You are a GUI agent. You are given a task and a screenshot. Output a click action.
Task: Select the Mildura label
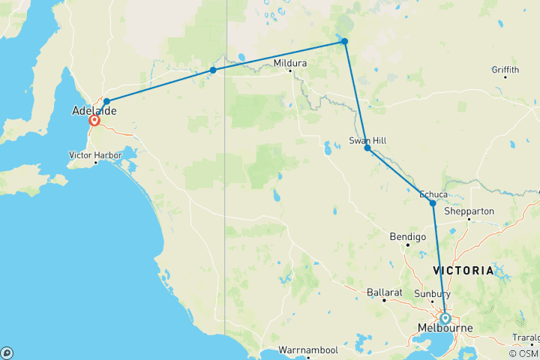click(x=290, y=63)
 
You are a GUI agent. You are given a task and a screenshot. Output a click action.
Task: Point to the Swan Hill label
click(x=367, y=140)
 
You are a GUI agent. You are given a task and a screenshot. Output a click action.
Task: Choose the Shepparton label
click(x=469, y=211)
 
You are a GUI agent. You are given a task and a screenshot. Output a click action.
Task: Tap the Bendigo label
click(x=408, y=236)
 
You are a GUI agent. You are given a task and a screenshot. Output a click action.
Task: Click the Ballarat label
click(x=383, y=291)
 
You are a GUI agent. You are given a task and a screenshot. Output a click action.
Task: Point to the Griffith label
click(x=505, y=70)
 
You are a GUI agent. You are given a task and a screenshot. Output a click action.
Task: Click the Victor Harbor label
click(x=95, y=154)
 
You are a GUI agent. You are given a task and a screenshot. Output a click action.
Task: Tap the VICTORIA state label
click(x=463, y=270)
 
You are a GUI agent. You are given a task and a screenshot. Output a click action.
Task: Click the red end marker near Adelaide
click(x=94, y=120)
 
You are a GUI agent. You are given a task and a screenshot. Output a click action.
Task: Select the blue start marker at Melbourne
click(x=445, y=318)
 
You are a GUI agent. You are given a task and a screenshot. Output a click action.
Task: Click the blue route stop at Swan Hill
click(x=367, y=148)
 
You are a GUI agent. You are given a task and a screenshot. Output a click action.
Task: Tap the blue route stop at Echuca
click(x=433, y=203)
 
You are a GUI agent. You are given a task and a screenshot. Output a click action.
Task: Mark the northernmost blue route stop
click(x=344, y=41)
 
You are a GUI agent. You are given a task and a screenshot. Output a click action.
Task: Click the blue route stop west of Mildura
click(x=213, y=70)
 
